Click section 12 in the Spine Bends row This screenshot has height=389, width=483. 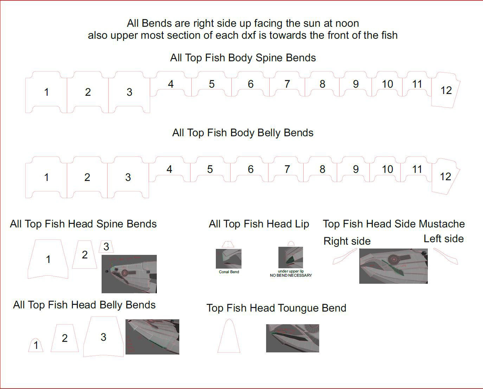pyautogui.click(x=445, y=90)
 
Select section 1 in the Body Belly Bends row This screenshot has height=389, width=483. pyautogui.click(x=46, y=177)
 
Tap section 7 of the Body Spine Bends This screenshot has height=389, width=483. pyautogui.click(x=287, y=84)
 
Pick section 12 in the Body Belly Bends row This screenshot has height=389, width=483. pyautogui.click(x=445, y=176)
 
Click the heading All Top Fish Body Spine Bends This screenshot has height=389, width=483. pyautogui.click(x=243, y=58)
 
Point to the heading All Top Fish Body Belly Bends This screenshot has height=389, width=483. pyautogui.click(x=243, y=133)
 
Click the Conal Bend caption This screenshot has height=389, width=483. pyautogui.click(x=229, y=272)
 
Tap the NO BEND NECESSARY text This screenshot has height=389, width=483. pyautogui.click(x=291, y=275)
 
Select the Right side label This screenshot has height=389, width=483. pyautogui.click(x=347, y=241)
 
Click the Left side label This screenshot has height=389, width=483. pyautogui.click(x=444, y=239)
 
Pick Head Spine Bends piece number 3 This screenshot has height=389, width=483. pyautogui.click(x=106, y=247)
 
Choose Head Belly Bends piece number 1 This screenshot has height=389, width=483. pyautogui.click(x=36, y=345)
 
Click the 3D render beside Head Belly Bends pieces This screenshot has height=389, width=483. pyautogui.click(x=152, y=337)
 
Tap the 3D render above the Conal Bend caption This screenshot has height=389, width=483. pyautogui.click(x=228, y=259)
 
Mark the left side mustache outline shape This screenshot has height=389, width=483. pyautogui.click(x=446, y=256)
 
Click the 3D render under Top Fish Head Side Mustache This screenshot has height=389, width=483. pyautogui.click(x=393, y=266)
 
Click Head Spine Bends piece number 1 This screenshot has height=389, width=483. pyautogui.click(x=48, y=259)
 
